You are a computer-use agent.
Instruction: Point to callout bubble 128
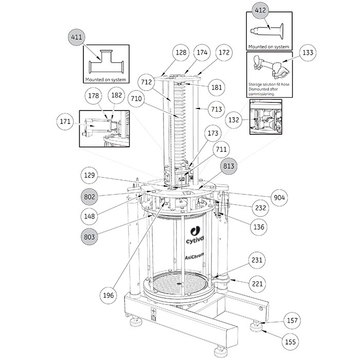pos(181,52)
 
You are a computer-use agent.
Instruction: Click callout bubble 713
pos(217,109)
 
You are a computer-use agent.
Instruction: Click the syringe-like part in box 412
pos(269,30)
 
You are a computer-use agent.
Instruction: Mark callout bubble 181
pos(216,87)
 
